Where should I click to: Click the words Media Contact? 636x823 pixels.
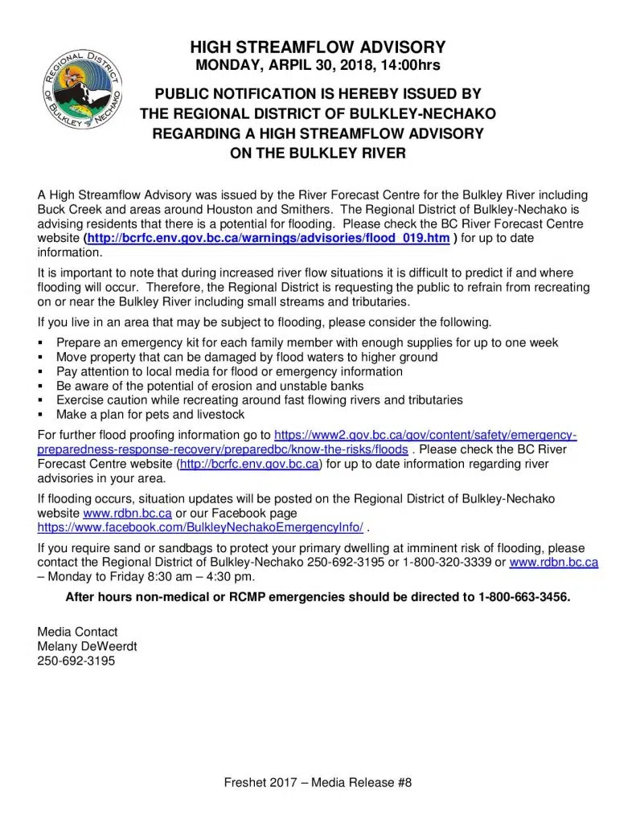click(x=77, y=632)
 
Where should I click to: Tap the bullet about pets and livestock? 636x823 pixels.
click(x=150, y=415)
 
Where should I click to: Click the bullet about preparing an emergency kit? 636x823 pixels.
click(x=307, y=342)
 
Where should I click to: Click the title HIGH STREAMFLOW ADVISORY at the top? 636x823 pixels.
click(x=318, y=47)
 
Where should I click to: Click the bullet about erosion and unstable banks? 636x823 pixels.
click(x=210, y=386)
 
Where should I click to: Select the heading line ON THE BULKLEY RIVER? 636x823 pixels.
click(x=318, y=152)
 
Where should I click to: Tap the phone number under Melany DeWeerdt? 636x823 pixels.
click(x=76, y=661)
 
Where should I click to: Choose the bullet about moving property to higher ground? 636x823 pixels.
click(x=247, y=357)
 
